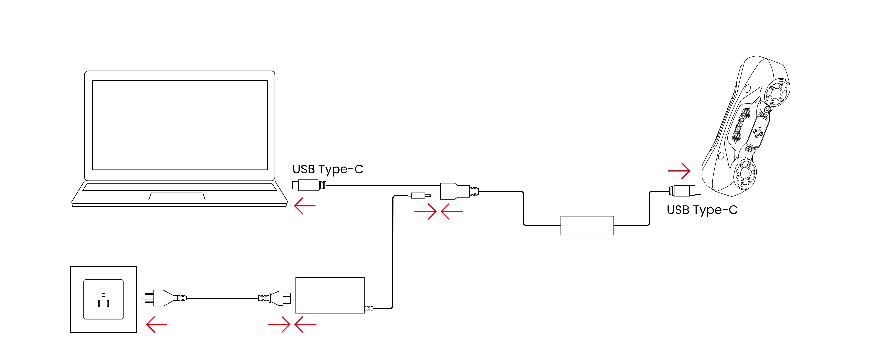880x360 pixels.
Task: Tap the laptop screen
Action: pyautogui.click(x=180, y=125)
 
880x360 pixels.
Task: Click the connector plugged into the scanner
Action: pyautogui.click(x=685, y=191)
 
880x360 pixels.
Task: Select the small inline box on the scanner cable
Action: pyautogui.click(x=587, y=225)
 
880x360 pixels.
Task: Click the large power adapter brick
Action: pyautogui.click(x=330, y=295)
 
